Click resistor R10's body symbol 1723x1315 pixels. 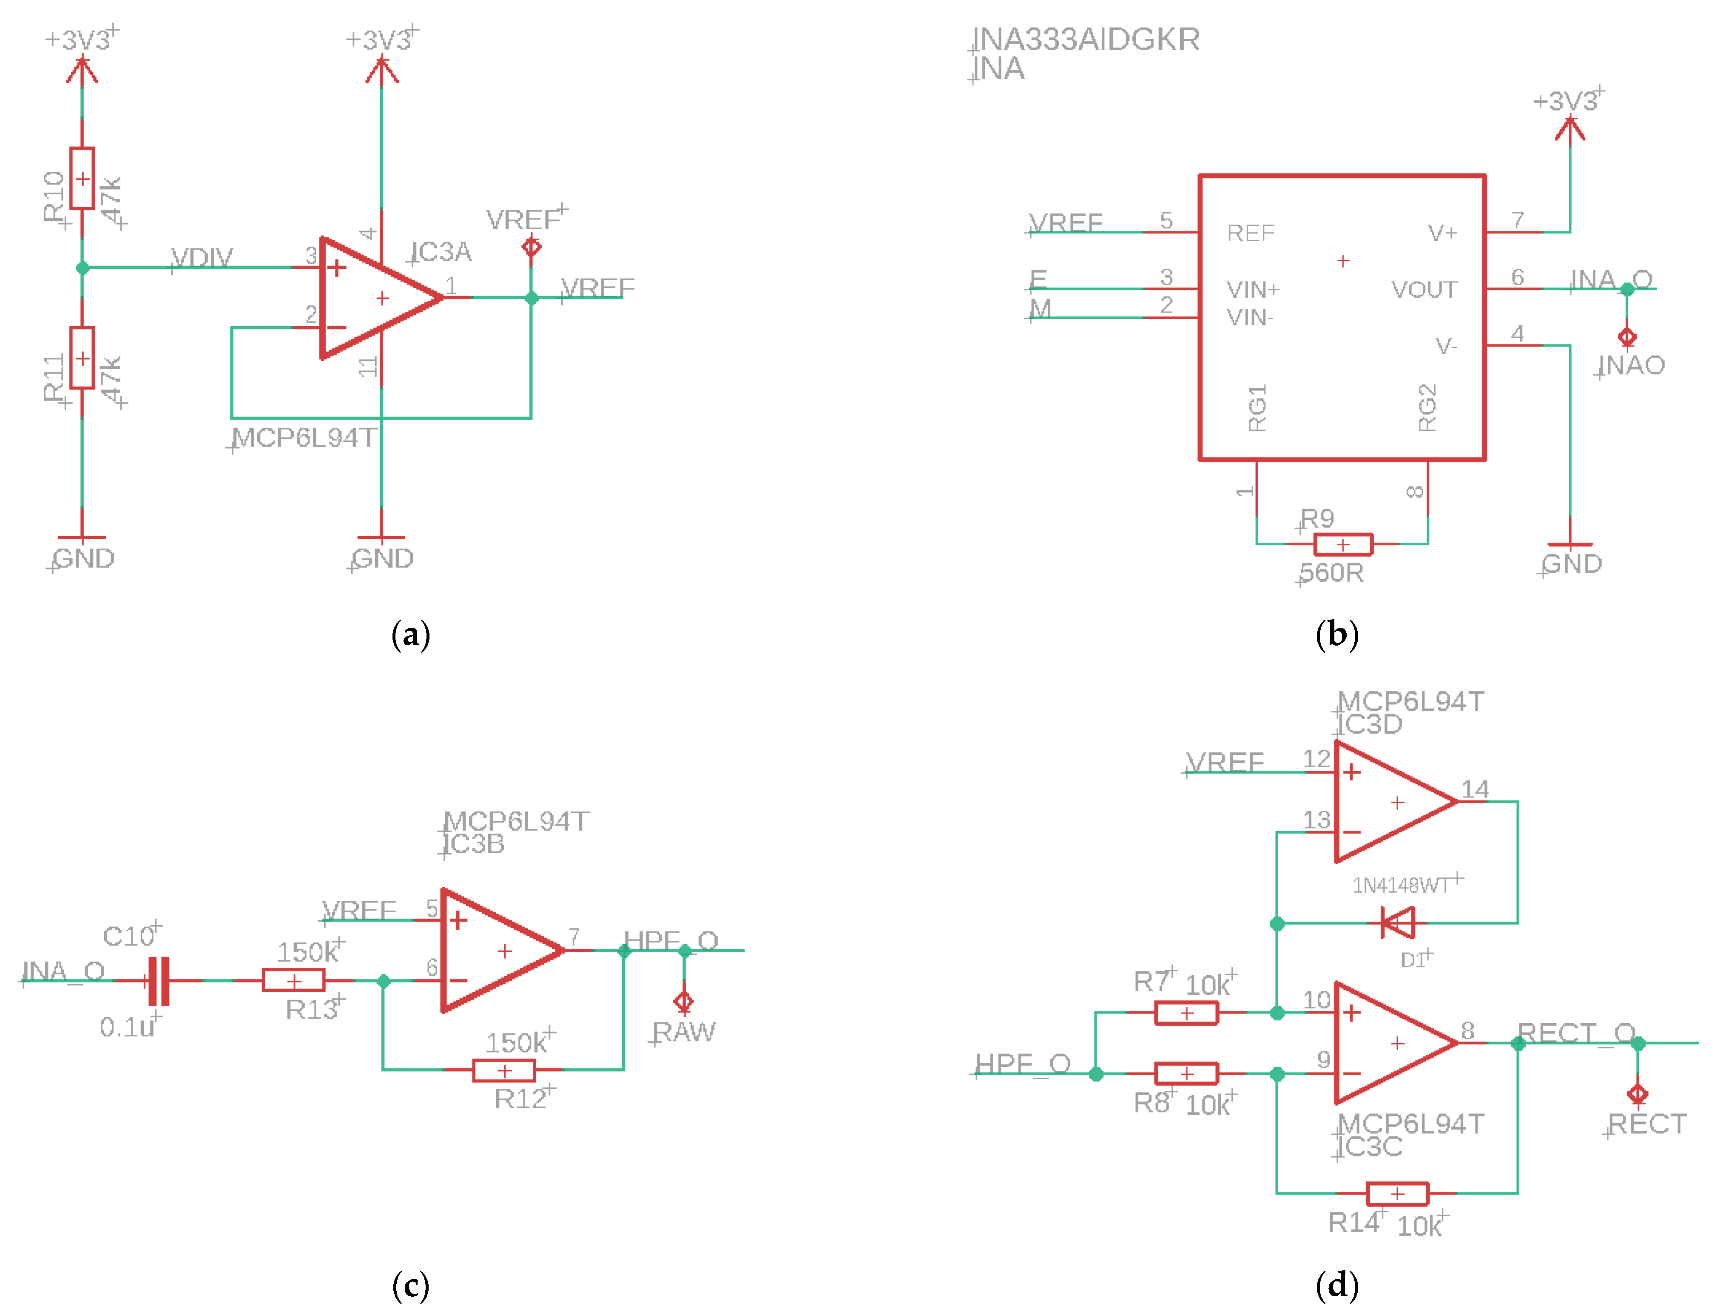tap(82, 179)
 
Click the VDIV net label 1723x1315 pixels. tap(202, 258)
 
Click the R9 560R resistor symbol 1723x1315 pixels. tap(1343, 544)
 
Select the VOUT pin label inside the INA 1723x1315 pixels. tap(1424, 290)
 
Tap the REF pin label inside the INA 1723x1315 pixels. tap(1251, 233)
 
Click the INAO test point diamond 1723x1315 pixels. tap(1627, 337)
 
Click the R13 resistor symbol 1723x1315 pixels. tap(293, 980)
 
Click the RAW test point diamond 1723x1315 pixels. tap(683, 1002)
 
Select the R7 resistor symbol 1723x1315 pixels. tap(1186, 1013)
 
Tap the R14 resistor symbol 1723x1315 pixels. tap(1397, 1194)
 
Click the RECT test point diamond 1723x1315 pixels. tap(1638, 1094)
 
